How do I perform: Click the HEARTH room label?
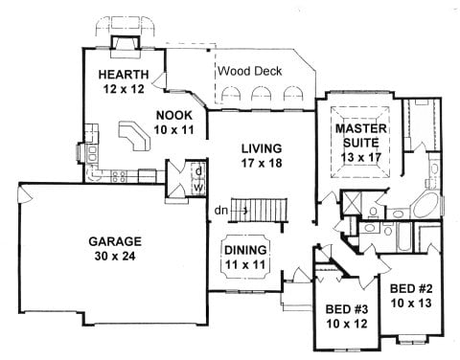click(124, 75)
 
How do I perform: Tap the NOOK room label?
click(174, 115)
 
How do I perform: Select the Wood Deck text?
click(250, 71)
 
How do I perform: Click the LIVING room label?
click(262, 148)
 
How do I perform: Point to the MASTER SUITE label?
click(361, 136)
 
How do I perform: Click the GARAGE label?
click(115, 241)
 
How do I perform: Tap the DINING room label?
click(245, 250)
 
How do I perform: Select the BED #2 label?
click(411, 289)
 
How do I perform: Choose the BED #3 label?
click(347, 309)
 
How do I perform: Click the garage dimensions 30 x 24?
click(115, 256)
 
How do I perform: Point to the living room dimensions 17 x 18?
click(262, 163)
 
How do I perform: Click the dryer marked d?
click(198, 171)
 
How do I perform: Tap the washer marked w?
click(198, 188)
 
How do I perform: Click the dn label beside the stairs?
click(221, 211)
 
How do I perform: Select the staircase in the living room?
click(259, 211)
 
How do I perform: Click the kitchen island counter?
click(134, 136)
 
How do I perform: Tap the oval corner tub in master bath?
click(425, 206)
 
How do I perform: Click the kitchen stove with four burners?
click(119, 176)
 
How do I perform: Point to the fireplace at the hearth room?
click(126, 47)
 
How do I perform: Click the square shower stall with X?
click(352, 202)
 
